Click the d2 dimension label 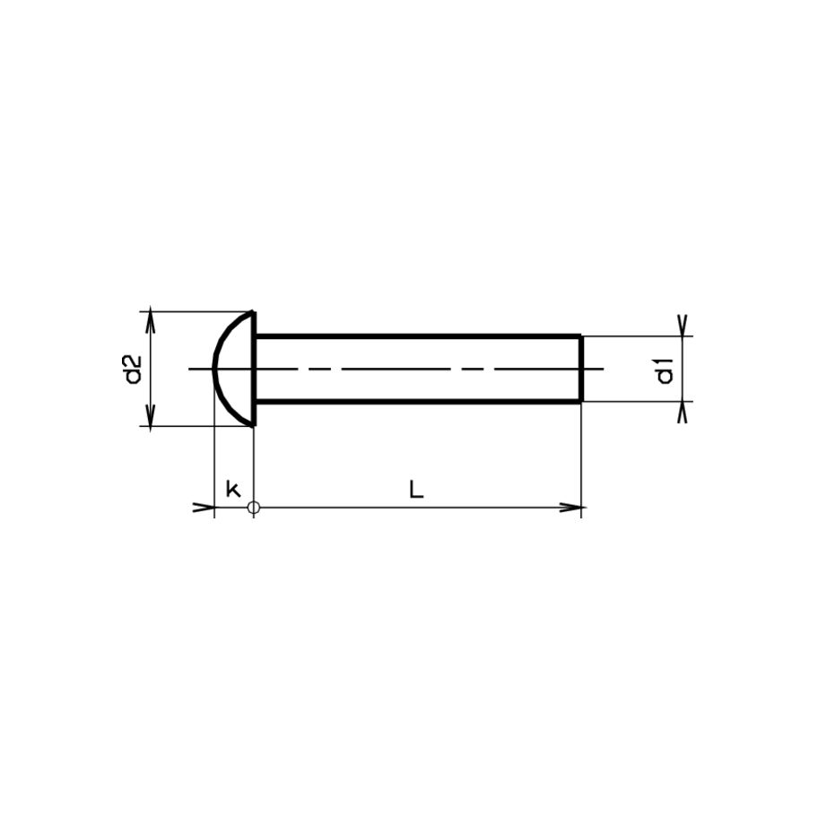click(134, 369)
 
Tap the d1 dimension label click(665, 370)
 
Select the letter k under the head click(233, 489)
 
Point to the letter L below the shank click(416, 489)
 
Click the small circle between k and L click(254, 508)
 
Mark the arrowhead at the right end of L click(574, 508)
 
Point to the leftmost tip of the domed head click(213, 369)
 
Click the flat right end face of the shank click(581, 369)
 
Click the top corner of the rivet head click(252, 313)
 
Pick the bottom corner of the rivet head click(252, 425)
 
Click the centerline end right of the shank click(603, 369)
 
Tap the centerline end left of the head click(191, 369)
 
